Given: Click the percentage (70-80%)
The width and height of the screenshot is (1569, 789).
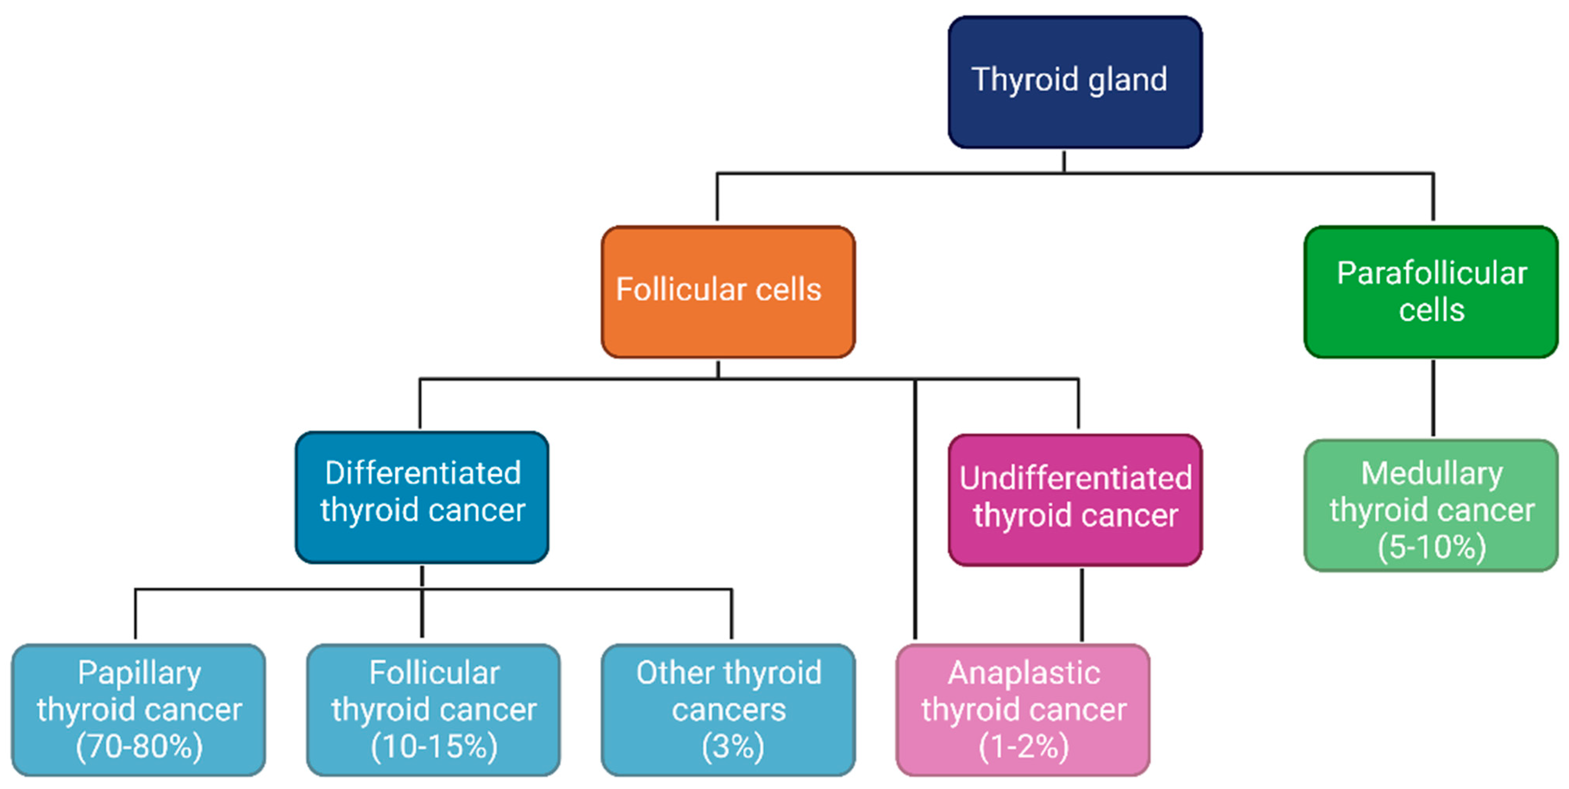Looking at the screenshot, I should pyautogui.click(x=139, y=746).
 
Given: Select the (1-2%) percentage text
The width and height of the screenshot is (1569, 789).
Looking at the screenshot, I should pyautogui.click(x=1023, y=746).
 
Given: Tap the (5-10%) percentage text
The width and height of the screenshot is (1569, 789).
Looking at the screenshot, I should pyautogui.click(x=1431, y=546).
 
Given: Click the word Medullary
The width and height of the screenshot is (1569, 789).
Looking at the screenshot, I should pyautogui.click(x=1431, y=474).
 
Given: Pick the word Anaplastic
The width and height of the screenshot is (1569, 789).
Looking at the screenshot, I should pyautogui.click(x=1023, y=673).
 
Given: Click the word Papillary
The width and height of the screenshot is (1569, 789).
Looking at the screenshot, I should pyautogui.click(x=139, y=673).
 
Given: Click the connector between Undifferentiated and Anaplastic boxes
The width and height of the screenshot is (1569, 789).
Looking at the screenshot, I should pyautogui.click(x=1082, y=604).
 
